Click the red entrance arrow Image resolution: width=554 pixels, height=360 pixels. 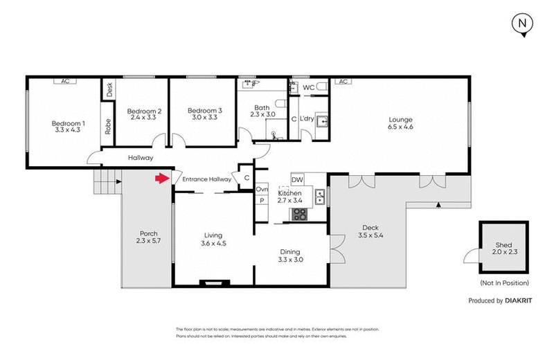(x=161, y=179)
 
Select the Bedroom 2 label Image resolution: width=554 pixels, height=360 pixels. (x=145, y=111)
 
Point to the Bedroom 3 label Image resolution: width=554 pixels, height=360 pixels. (x=205, y=111)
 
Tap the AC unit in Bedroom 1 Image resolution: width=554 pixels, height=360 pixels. (x=65, y=81)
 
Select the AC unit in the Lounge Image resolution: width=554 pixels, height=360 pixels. (x=342, y=81)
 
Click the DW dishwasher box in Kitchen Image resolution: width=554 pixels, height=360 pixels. (x=298, y=179)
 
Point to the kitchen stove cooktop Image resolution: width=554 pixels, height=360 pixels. (x=300, y=214)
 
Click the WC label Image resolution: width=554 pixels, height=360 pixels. (x=309, y=88)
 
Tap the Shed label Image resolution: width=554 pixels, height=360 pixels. (x=503, y=245)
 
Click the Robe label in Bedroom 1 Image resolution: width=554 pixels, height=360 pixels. (x=109, y=127)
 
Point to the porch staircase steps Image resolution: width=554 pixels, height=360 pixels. (x=106, y=183)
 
